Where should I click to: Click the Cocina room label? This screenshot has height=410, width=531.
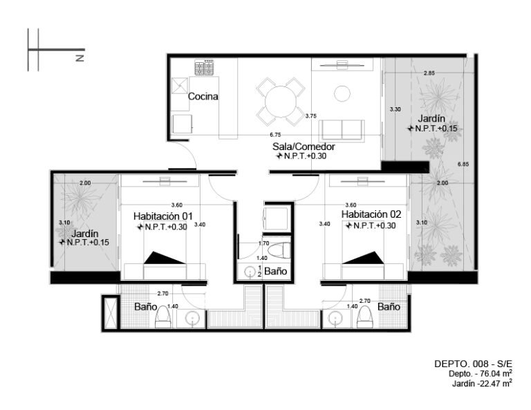pyautogui.click(x=203, y=97)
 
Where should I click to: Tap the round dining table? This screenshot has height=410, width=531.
pyautogui.click(x=281, y=102)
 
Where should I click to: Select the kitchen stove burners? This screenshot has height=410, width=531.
pyautogui.click(x=204, y=67)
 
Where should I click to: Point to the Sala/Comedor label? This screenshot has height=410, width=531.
pyautogui.click(x=304, y=147)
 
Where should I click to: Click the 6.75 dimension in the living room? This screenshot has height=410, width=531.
pyautogui.click(x=275, y=134)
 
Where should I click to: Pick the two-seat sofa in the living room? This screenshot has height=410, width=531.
pyautogui.click(x=342, y=130)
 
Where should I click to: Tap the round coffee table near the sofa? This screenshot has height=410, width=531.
pyautogui.click(x=342, y=93)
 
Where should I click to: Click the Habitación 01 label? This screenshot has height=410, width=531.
pyautogui.click(x=163, y=216)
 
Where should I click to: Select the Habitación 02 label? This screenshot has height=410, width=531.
pyautogui.click(x=371, y=214)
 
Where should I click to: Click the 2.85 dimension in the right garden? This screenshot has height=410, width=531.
pyautogui.click(x=429, y=73)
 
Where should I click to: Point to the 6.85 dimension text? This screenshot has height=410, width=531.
pyautogui.click(x=463, y=164)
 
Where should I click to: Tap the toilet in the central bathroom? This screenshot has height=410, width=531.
pyautogui.click(x=279, y=251)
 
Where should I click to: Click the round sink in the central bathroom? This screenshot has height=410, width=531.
pyautogui.click(x=250, y=272)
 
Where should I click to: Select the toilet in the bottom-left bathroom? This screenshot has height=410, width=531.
pyautogui.click(x=163, y=317)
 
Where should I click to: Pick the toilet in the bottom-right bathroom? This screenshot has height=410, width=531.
pyautogui.click(x=365, y=317)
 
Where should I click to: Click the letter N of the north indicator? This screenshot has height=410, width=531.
pyautogui.click(x=80, y=58)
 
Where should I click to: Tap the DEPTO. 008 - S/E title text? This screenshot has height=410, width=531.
pyautogui.click(x=473, y=364)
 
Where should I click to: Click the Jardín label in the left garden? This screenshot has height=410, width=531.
pyautogui.click(x=84, y=234)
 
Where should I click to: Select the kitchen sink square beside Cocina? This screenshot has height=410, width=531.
pyautogui.click(x=180, y=86)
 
